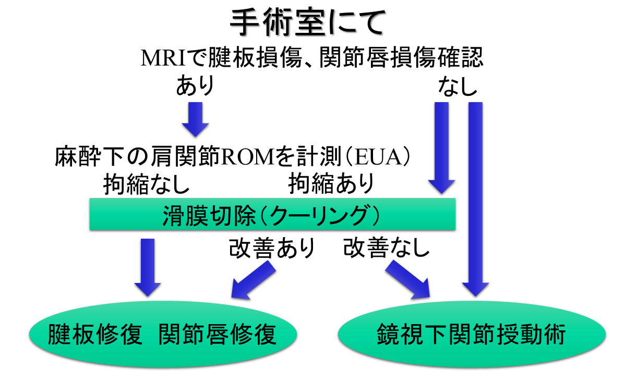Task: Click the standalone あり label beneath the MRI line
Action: pyautogui.click(x=195, y=87)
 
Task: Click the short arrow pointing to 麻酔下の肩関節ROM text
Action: pyautogui.click(x=195, y=119)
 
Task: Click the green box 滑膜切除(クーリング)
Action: pyautogui.click(x=273, y=214)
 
